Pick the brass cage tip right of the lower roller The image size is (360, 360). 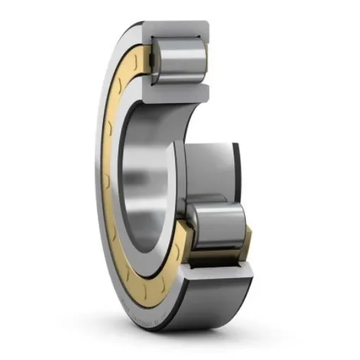pos(248,233)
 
